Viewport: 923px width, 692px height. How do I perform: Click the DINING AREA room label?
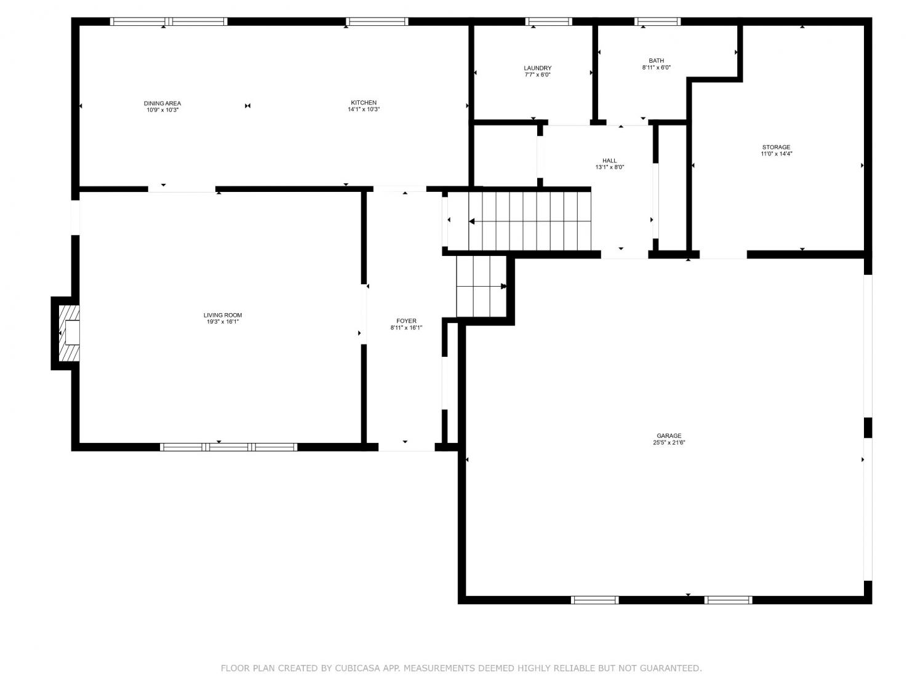[162, 103]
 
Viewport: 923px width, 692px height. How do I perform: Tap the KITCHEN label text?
[364, 103]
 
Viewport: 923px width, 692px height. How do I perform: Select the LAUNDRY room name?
[537, 68]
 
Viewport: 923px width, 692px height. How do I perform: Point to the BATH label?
[656, 61]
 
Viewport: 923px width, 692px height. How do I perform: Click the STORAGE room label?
[777, 147]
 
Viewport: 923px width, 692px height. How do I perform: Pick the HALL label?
[609, 161]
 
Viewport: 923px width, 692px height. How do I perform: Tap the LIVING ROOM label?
[223, 315]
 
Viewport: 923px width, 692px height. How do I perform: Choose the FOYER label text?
[406, 321]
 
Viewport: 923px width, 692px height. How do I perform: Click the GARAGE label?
[669, 435]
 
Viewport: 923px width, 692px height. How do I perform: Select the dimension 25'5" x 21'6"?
[669, 442]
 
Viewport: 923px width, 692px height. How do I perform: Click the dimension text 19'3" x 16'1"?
[223, 322]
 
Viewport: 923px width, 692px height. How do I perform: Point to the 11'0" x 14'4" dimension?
[777, 154]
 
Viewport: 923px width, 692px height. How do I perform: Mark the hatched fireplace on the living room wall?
[68, 333]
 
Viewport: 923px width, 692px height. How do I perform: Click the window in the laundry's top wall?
[548, 22]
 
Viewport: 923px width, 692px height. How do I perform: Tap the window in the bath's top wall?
[657, 22]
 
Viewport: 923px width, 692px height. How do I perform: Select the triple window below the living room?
[228, 447]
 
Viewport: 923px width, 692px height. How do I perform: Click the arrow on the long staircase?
[530, 221]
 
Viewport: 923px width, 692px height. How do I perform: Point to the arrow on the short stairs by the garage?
[482, 287]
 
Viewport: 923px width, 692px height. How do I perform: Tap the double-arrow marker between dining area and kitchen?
[248, 106]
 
